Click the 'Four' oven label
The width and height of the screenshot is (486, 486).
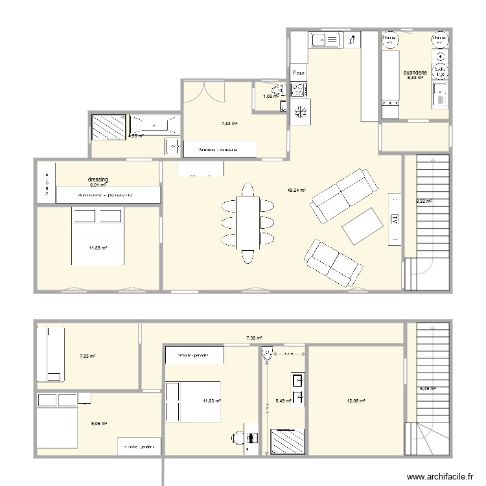(298, 74)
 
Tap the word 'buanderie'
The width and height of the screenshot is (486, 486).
(414, 73)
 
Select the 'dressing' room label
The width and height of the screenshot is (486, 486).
(97, 179)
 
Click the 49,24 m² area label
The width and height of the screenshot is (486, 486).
(296, 191)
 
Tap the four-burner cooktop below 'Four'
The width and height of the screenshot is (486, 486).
(300, 111)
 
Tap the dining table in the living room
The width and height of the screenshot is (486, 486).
(247, 223)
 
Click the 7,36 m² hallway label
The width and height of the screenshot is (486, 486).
(254, 338)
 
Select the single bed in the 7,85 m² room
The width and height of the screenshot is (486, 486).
(52, 354)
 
